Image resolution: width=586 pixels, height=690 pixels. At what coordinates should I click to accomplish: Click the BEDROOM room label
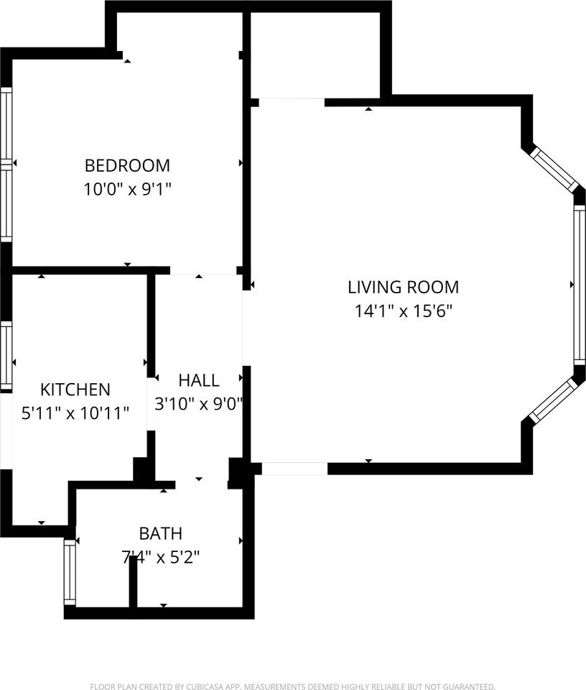[x=127, y=165]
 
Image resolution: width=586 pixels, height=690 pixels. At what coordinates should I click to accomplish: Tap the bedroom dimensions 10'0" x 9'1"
[x=127, y=190]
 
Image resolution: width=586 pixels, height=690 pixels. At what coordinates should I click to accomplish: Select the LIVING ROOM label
[x=403, y=287]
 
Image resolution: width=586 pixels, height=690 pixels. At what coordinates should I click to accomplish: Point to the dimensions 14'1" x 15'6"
[x=403, y=311]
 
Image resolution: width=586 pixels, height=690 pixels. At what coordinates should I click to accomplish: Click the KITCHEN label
[x=75, y=390]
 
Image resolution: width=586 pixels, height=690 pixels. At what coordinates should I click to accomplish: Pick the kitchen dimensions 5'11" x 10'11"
[x=75, y=413]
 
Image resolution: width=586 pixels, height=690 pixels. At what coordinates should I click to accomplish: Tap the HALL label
[x=199, y=380]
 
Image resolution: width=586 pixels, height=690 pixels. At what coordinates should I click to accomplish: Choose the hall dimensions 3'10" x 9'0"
[x=199, y=404]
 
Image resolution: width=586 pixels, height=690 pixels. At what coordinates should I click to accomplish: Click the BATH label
[x=160, y=533]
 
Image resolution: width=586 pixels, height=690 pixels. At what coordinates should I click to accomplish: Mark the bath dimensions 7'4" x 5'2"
[x=160, y=557]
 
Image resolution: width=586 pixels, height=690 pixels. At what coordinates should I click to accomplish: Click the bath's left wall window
[x=70, y=572]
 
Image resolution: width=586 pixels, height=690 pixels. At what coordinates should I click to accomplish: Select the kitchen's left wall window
[x=6, y=356]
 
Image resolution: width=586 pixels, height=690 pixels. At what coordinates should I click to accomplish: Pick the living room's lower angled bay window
[x=554, y=400]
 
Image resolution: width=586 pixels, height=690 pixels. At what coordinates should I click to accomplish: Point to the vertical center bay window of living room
[x=579, y=285]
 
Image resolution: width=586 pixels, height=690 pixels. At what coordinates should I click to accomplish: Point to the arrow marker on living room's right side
[x=572, y=285]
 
